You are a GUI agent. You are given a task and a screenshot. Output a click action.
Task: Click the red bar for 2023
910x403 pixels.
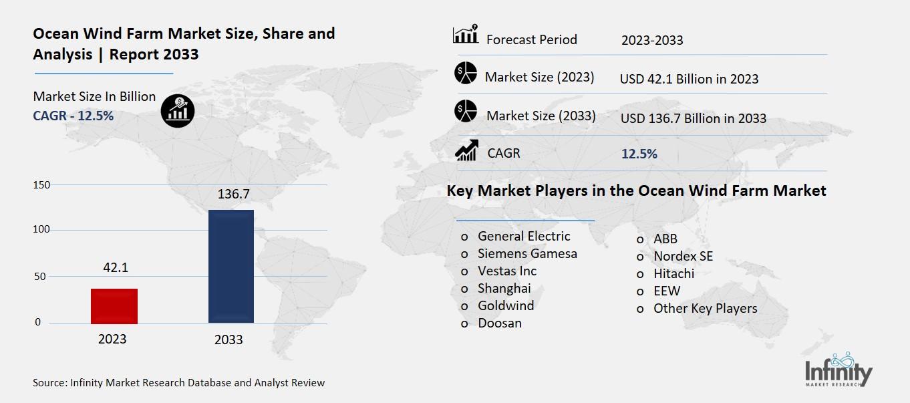114,306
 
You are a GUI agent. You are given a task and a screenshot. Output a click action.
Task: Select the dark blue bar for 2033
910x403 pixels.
231,266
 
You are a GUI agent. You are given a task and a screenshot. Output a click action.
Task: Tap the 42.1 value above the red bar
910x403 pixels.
115,267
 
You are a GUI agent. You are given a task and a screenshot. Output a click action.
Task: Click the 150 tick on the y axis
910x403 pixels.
42,185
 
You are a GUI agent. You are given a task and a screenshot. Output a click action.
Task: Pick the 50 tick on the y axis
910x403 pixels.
42,277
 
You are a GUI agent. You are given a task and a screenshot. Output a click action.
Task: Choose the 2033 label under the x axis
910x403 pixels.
229,340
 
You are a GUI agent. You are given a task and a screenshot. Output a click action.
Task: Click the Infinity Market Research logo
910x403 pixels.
839,369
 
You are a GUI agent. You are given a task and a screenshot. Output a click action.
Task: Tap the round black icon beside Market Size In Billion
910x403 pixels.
178,110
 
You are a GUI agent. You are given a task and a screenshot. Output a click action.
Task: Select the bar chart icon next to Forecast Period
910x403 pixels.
465,35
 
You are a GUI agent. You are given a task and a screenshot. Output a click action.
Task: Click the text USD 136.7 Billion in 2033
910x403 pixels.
694,118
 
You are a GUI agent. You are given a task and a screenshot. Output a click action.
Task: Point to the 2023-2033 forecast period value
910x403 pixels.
652,40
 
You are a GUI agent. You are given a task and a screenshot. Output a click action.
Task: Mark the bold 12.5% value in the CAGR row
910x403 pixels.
639,154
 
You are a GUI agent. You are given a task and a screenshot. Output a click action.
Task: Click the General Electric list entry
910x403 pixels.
524,236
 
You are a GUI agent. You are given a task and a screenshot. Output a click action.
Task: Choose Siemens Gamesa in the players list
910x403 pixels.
527,253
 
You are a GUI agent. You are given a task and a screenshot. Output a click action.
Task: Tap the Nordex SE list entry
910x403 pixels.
683,256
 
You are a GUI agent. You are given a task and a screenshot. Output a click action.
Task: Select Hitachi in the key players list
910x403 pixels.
673,273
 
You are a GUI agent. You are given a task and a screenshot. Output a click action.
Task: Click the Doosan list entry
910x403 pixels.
500,323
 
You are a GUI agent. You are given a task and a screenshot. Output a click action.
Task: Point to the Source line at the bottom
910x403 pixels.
179,383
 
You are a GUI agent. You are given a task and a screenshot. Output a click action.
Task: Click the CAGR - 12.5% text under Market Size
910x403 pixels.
73,116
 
